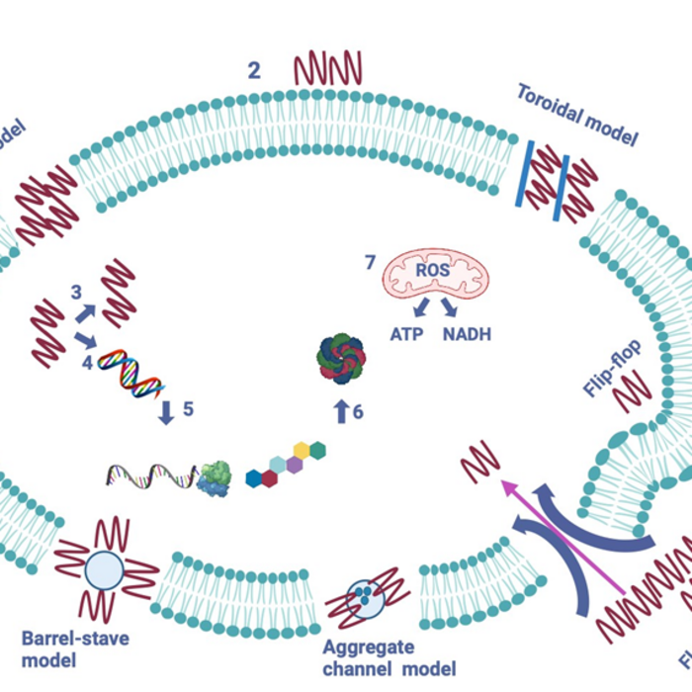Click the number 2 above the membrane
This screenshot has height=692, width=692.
[x=255, y=70]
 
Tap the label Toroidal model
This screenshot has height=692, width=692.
[x=577, y=114]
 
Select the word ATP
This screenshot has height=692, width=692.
[x=406, y=334]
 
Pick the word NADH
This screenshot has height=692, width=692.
[x=467, y=334]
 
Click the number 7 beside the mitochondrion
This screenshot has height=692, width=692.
[x=370, y=263]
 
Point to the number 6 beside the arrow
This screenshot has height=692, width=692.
[x=358, y=412]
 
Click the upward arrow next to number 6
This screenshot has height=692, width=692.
[x=340, y=411]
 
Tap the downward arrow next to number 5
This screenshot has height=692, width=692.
[x=166, y=411]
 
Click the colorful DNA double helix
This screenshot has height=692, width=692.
[x=131, y=373]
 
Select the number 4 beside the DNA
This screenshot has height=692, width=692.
[x=87, y=363]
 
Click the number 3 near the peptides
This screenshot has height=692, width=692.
[x=76, y=293]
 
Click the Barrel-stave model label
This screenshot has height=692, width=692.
[x=75, y=648]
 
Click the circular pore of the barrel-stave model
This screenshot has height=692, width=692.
[x=105, y=569]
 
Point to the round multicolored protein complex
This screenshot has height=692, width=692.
[x=341, y=357]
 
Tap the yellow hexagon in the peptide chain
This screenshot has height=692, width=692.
[x=302, y=451]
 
